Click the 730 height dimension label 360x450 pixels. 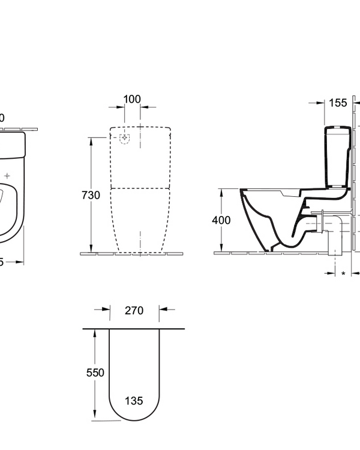[90, 195]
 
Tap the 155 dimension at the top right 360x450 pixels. [338, 103]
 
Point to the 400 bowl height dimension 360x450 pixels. [221, 220]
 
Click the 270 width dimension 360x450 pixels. [134, 310]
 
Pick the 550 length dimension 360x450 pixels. [95, 373]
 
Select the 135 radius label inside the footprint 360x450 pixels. [134, 401]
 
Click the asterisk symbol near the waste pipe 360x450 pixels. [343, 274]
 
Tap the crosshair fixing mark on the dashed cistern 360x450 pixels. [125, 139]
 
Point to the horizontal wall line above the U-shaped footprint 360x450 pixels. [133, 329]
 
